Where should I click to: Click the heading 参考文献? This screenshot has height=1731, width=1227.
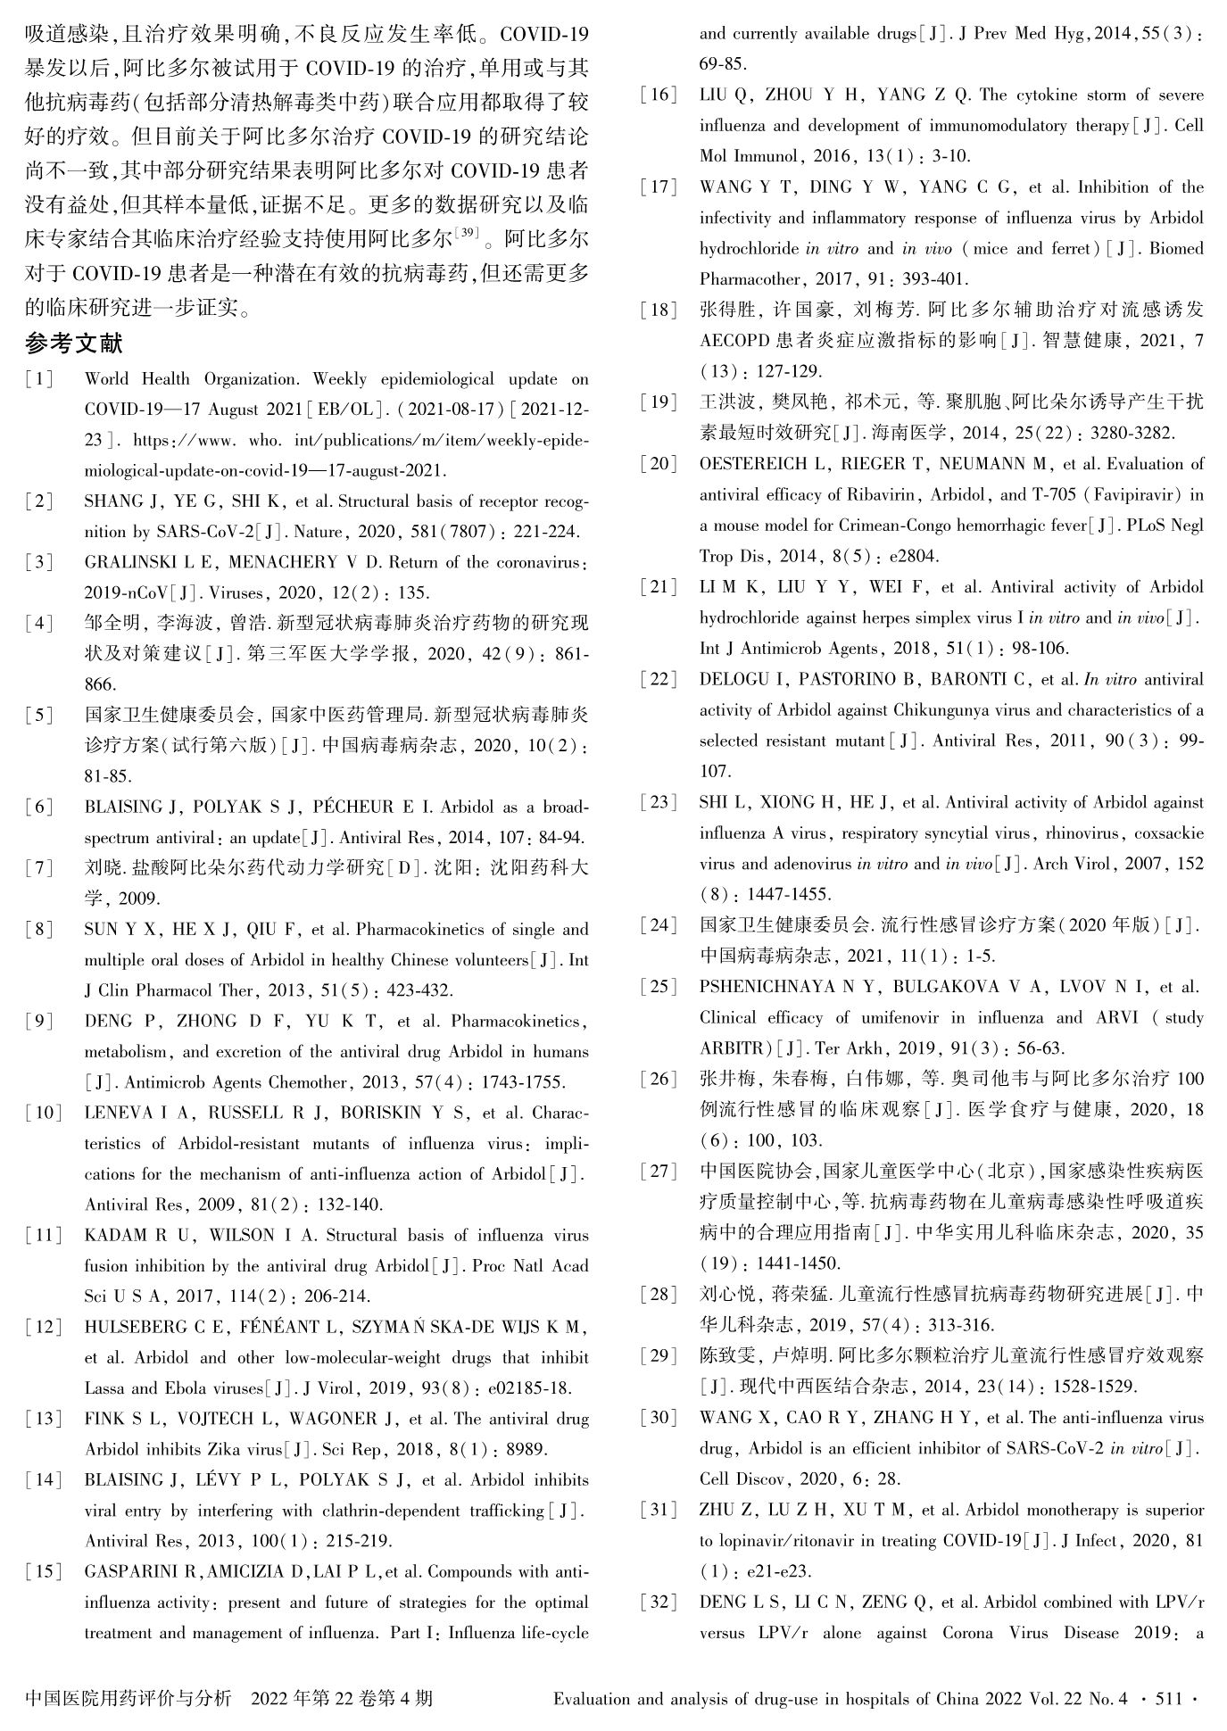(x=74, y=343)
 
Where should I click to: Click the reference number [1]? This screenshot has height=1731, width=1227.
(x=39, y=379)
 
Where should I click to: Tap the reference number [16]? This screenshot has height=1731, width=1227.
(x=659, y=95)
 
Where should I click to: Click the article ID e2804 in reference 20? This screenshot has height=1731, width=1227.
(x=914, y=557)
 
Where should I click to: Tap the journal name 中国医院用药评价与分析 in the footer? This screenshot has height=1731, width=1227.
(x=129, y=1698)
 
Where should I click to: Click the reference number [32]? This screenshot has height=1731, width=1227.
(x=659, y=1603)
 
